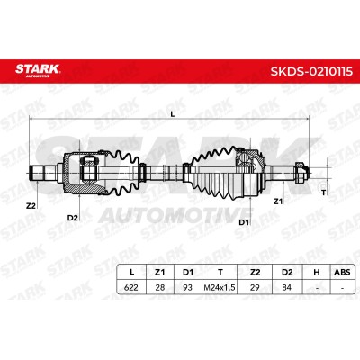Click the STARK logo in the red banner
(x=38, y=70)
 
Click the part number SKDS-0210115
(x=311, y=72)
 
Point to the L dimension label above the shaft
(x=172, y=114)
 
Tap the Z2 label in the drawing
(x=31, y=206)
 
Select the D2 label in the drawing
(x=72, y=218)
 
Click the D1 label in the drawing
(x=244, y=222)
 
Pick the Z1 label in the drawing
(x=278, y=202)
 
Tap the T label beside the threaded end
(x=323, y=193)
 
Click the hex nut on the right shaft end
(x=299, y=173)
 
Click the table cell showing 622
(x=131, y=287)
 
